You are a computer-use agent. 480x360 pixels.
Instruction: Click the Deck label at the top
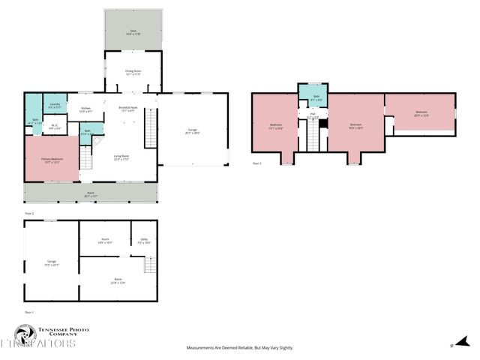[132, 32]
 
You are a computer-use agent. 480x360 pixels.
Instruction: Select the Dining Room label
[133, 73]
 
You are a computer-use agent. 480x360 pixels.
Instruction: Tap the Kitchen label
[86, 109]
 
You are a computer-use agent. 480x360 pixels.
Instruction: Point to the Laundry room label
[54, 106]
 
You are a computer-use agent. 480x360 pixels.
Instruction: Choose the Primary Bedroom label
[52, 161]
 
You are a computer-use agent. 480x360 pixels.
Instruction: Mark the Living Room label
[121, 157]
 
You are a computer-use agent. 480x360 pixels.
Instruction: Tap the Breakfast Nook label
[127, 109]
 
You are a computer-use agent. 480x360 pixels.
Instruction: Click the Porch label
[90, 195]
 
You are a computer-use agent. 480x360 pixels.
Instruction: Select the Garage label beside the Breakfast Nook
[193, 132]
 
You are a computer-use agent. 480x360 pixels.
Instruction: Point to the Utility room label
[144, 241]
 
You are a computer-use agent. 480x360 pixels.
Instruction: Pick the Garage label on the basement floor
[52, 263]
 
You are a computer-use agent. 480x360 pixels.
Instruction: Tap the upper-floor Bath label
[316, 97]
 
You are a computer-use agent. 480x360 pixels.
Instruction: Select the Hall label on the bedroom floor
[312, 115]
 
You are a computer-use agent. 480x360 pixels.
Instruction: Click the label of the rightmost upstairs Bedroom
[421, 114]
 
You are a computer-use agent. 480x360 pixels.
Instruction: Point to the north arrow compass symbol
[452, 345]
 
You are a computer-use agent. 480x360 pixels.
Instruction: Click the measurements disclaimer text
[240, 348]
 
